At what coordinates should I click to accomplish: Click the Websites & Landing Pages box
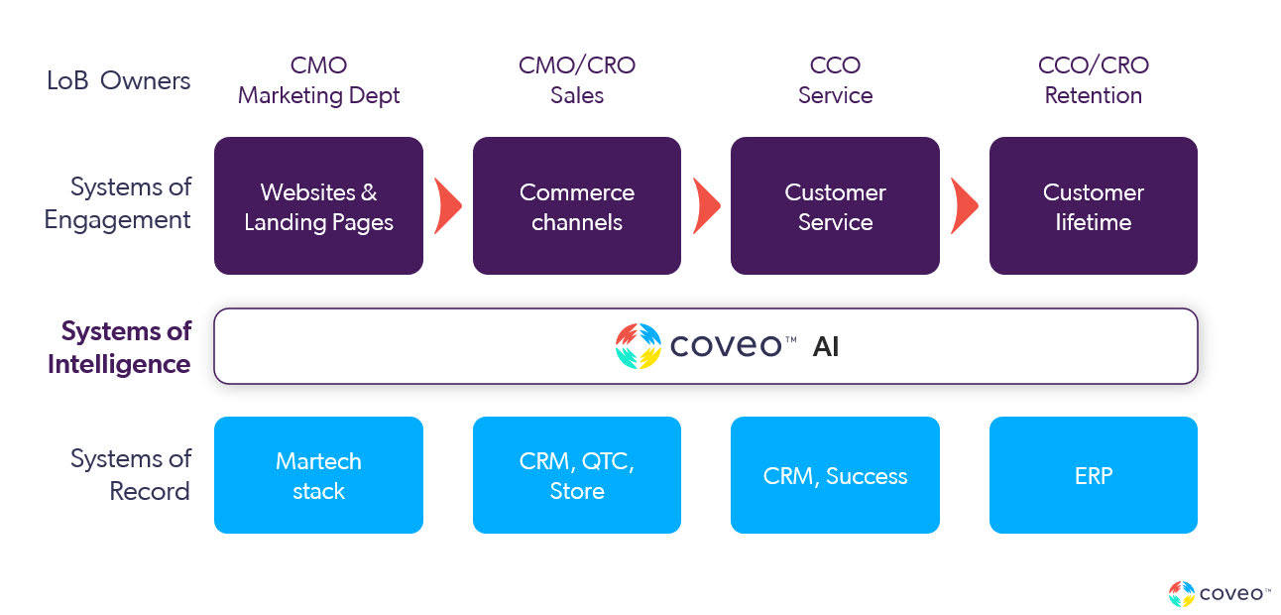coord(318,205)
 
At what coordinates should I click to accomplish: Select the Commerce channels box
coord(576,205)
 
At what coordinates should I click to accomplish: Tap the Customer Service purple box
coord(835,205)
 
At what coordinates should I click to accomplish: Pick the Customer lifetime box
coord(1093,205)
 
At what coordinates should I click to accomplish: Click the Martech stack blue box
coord(318,475)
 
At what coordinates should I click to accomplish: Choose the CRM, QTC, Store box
coord(576,475)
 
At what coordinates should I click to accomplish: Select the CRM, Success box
coord(835,475)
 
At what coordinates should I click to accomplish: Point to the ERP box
coord(1093,475)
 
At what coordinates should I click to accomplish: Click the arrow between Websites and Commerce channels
coord(448,205)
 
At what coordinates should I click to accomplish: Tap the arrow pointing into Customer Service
coord(706,205)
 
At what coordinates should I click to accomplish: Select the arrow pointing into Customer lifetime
coord(964,205)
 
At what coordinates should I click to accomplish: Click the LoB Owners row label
coord(118,80)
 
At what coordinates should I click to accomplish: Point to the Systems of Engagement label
coord(118,203)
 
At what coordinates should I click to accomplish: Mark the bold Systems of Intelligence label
coord(119,347)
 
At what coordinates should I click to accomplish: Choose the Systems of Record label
coord(130,475)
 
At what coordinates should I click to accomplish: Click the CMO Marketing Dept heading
coord(318,80)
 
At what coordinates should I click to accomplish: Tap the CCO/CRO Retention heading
coord(1093,80)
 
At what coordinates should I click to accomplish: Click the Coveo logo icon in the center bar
coord(638,346)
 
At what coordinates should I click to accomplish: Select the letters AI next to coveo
coord(825,347)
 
